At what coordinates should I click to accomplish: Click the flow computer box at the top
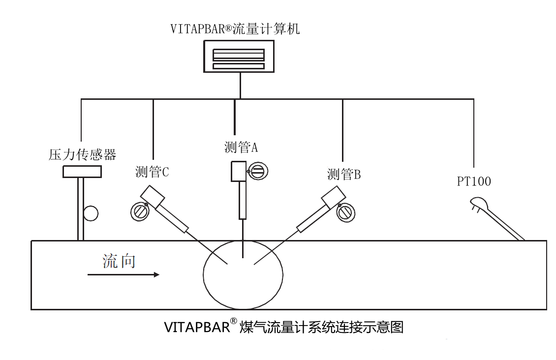click(239, 57)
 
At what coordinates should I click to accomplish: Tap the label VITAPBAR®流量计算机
click(235, 29)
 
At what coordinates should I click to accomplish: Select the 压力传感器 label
click(82, 154)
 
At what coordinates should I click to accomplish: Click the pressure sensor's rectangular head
click(82, 172)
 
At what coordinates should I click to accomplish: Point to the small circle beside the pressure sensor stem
click(91, 213)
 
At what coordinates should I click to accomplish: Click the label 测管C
click(152, 172)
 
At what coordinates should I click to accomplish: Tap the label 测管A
click(241, 147)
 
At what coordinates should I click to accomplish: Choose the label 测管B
click(344, 174)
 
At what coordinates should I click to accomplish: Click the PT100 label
click(474, 181)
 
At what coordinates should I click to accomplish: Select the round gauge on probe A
click(258, 172)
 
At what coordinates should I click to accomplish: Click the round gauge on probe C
click(140, 211)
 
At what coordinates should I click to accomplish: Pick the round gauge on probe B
click(346, 212)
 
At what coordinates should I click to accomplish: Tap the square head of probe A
click(239, 172)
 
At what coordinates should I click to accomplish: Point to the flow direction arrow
click(124, 274)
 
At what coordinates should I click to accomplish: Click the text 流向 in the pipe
click(119, 261)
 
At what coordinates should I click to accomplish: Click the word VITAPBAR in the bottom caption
click(197, 327)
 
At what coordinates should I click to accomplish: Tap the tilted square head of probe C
click(153, 197)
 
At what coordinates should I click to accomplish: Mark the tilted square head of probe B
click(333, 197)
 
